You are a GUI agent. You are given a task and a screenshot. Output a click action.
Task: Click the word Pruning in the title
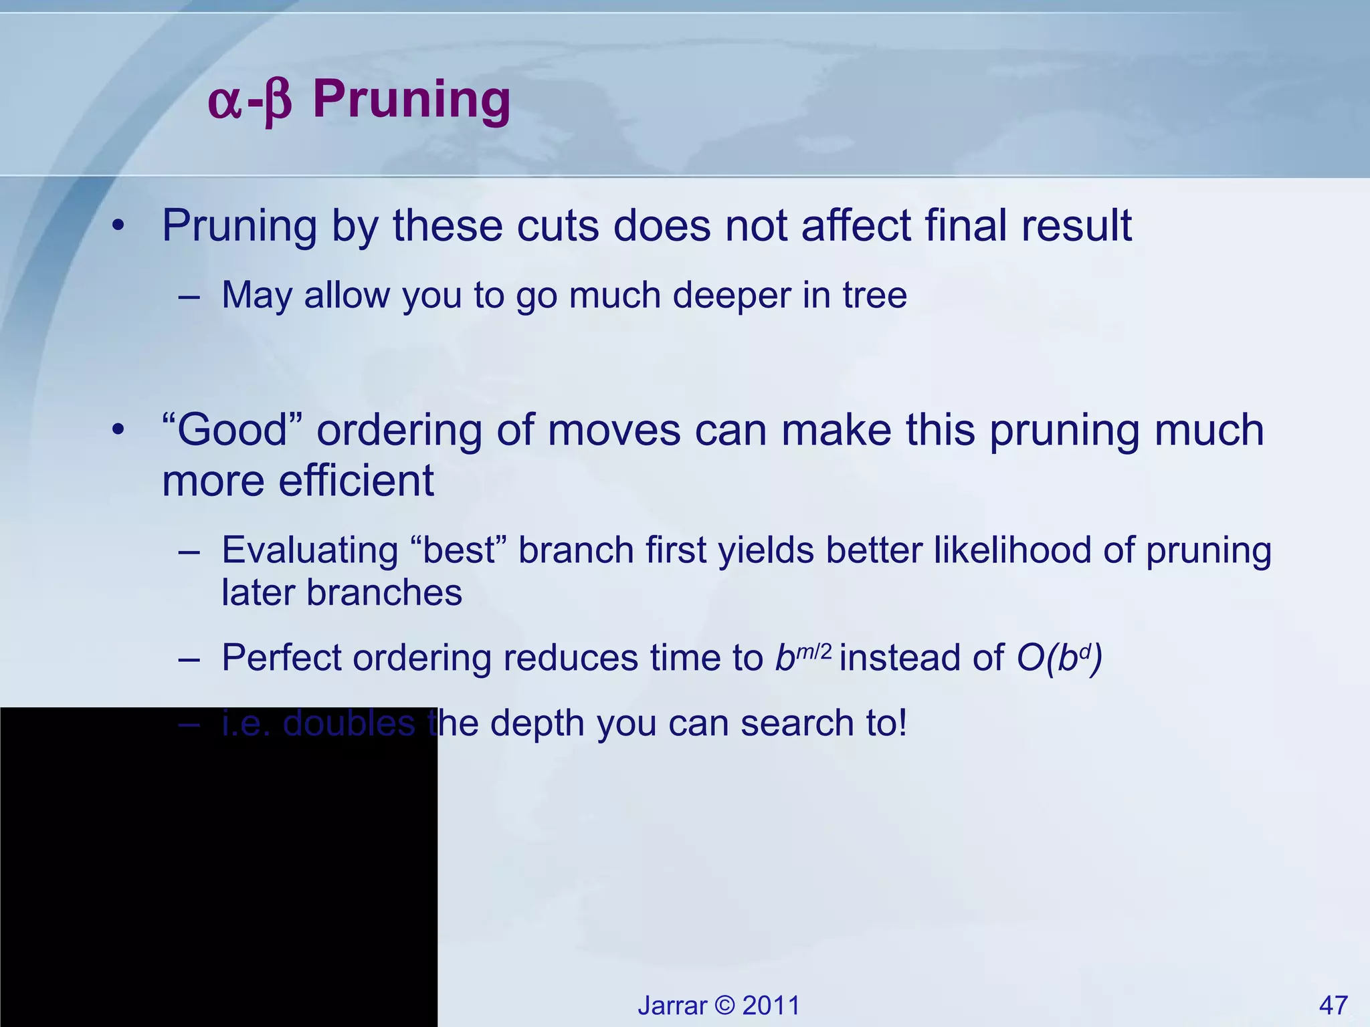tap(411, 100)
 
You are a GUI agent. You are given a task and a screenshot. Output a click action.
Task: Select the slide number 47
tap(1333, 1005)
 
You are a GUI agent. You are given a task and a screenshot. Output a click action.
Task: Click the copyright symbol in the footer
tap(724, 1006)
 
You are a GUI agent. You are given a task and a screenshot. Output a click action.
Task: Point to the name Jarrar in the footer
tap(672, 1006)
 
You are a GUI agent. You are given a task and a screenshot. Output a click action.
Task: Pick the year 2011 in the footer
tap(771, 1006)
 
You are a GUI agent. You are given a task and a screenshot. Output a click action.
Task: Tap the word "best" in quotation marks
tap(462, 550)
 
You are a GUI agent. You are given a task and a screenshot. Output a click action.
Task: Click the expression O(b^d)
tap(1060, 658)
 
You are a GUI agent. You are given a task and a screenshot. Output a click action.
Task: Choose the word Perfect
tap(281, 658)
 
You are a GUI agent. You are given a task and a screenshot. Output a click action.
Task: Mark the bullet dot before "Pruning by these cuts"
tap(118, 226)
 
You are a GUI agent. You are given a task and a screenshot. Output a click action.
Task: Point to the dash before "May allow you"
tap(189, 296)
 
